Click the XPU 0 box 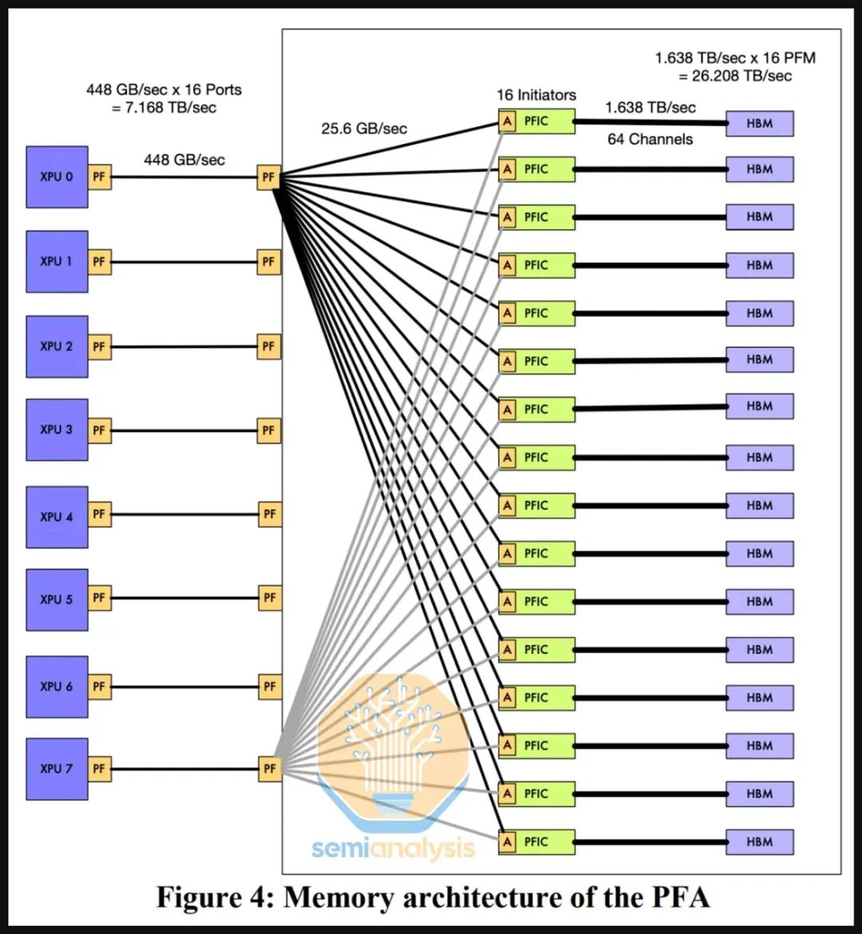coord(57,176)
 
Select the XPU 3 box coord(57,429)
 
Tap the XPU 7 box coord(57,769)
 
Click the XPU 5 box coord(57,599)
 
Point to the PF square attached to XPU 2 coord(99,346)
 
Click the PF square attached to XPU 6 coord(99,687)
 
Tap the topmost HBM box coord(759,123)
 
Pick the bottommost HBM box coord(759,841)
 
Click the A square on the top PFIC coord(507,121)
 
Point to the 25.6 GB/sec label coord(364,128)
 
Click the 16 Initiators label coord(536,95)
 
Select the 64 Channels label coord(650,140)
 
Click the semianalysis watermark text coord(393,849)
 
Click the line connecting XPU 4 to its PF coord(184,515)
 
